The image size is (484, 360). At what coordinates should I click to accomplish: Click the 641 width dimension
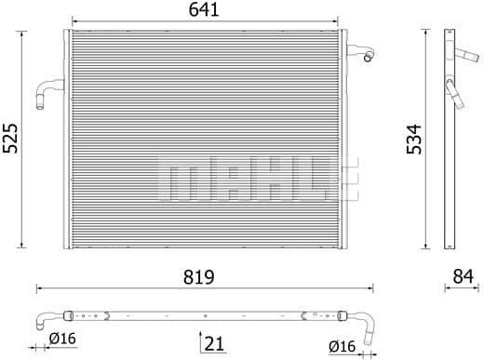205,11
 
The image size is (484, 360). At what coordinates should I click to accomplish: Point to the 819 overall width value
201,276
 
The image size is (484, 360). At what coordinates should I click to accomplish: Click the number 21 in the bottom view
215,344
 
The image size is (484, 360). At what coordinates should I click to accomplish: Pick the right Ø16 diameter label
343,346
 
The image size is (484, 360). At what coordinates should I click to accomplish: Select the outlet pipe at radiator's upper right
363,53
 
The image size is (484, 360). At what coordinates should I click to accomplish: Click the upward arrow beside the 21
199,340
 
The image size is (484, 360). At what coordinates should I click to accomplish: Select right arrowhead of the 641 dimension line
340,23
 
